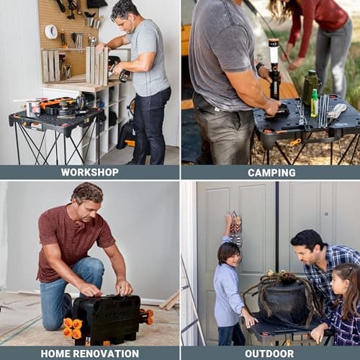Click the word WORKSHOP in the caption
pyautogui.click(x=89, y=172)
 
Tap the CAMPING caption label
pyautogui.click(x=271, y=172)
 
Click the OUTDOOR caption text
pyautogui.click(x=271, y=354)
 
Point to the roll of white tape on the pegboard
pyautogui.click(x=50, y=31)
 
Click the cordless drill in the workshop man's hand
pyautogui.click(x=120, y=74)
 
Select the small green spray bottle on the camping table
pyautogui.click(x=314, y=102)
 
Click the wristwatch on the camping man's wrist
pyautogui.click(x=260, y=67)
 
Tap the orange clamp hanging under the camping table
pyautogui.click(x=294, y=142)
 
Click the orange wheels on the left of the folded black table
pyautogui.click(x=71, y=328)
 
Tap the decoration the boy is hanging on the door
pyautogui.click(x=235, y=229)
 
